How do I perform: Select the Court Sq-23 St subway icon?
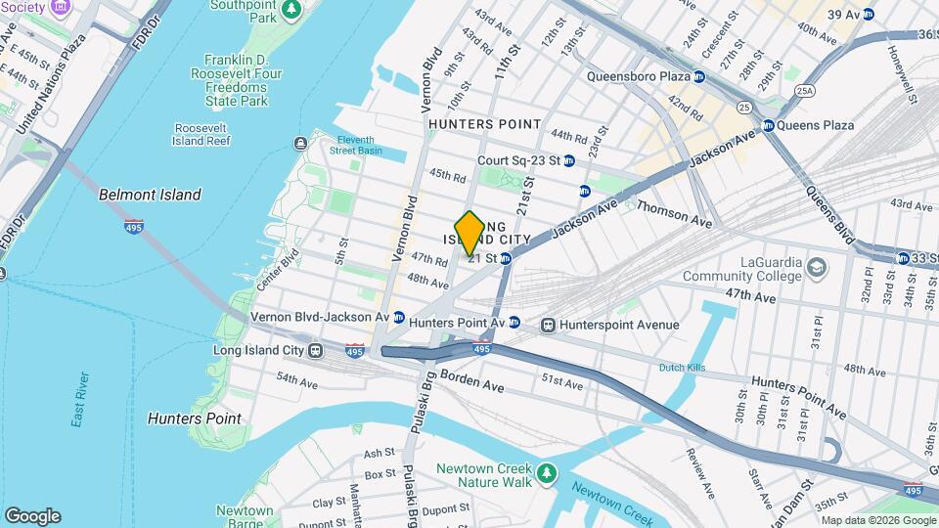pyautogui.click(x=568, y=160)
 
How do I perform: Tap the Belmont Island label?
pyautogui.click(x=150, y=195)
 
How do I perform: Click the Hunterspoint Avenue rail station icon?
pyautogui.click(x=548, y=325)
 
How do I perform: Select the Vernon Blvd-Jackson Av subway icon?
pyautogui.click(x=399, y=317)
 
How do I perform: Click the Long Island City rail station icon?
pyautogui.click(x=316, y=350)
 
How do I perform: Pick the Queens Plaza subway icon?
pyautogui.click(x=769, y=125)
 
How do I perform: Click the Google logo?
pyautogui.click(x=32, y=515)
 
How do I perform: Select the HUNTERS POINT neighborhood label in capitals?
pyautogui.click(x=484, y=124)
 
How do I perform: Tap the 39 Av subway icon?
pyautogui.click(x=868, y=14)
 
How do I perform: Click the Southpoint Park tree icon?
pyautogui.click(x=291, y=9)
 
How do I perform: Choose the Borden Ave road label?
pyautogui.click(x=471, y=380)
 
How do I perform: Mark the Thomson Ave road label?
pyautogui.click(x=675, y=208)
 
